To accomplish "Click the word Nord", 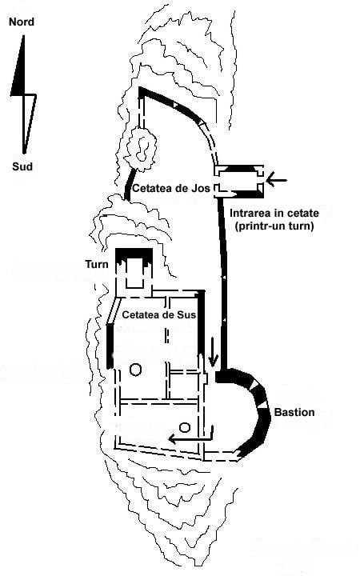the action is tap(22, 22).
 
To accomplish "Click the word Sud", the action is tap(22, 166).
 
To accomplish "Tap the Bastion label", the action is tap(294, 412).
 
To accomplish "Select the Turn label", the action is tap(97, 265).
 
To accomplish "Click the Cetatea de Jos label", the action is tap(171, 189).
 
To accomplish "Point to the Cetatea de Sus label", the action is tap(158, 315).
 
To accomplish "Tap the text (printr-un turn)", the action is tap(274, 226).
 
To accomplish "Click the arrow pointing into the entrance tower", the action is tap(276, 180).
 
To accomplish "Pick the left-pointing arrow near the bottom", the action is tap(190, 437).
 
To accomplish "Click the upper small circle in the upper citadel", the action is tap(135, 370).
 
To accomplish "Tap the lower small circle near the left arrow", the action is tap(185, 427).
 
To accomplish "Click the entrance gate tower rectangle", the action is tap(239, 180).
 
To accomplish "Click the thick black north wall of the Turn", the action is tap(134, 254).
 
